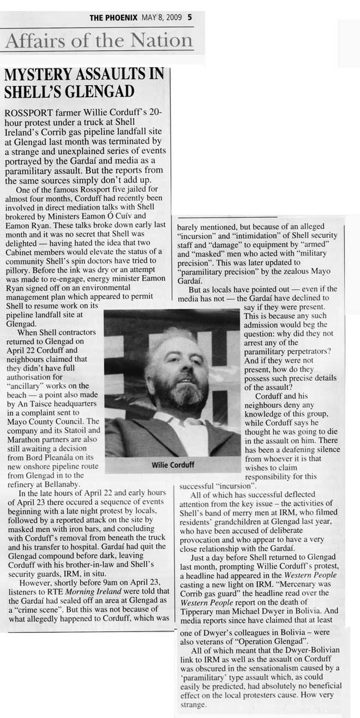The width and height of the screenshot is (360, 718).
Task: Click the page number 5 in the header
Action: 189,17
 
